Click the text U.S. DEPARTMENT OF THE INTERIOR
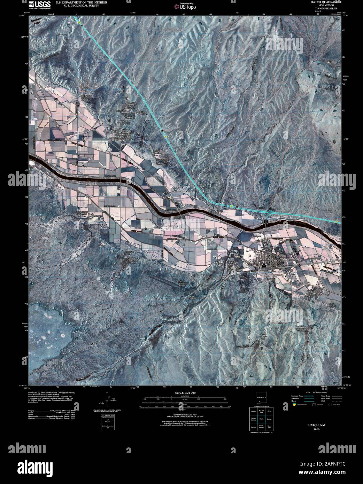pos(79,2)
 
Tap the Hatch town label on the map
pos(267,250)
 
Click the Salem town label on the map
pos(124,133)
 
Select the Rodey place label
pos(310,290)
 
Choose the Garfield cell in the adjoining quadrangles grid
pos(254,411)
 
